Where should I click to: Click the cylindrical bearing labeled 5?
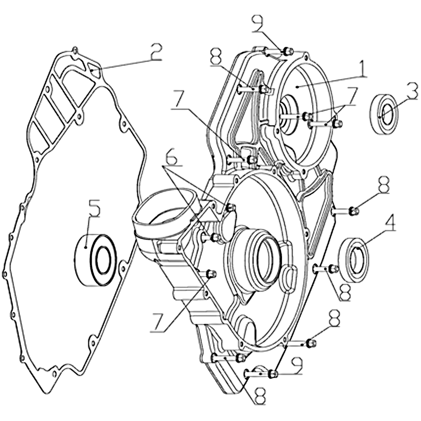point(95,260)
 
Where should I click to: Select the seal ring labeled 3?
point(384,114)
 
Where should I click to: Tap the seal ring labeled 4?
point(353,260)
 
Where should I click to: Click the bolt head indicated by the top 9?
point(287,51)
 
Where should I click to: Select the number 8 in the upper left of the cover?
point(217,57)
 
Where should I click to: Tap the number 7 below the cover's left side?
point(159,322)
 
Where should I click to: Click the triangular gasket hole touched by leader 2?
point(94,69)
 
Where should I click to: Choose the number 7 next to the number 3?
point(348,96)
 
